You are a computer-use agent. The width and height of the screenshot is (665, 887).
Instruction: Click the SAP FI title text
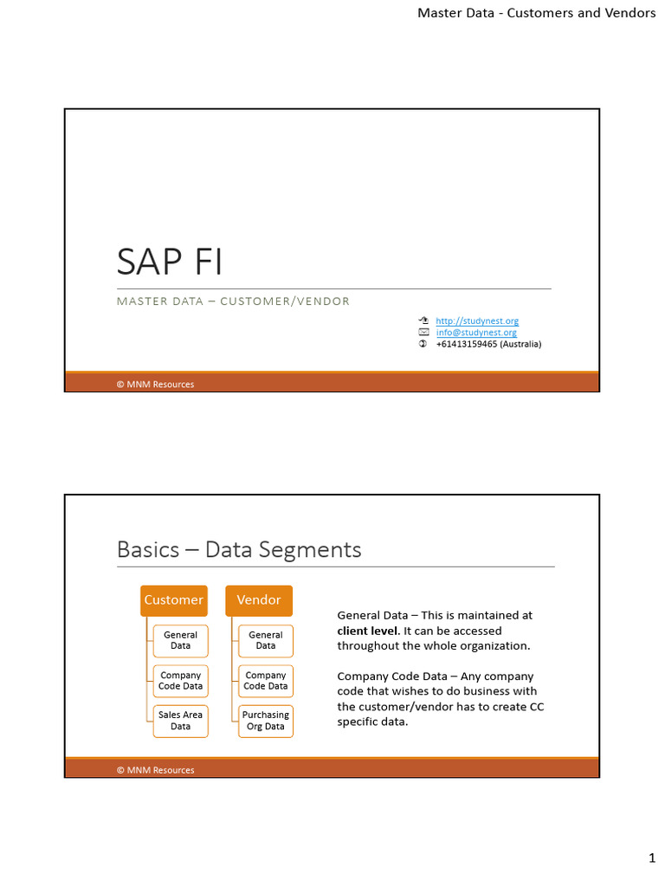[169, 262]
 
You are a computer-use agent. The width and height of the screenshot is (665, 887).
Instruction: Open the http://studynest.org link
[477, 320]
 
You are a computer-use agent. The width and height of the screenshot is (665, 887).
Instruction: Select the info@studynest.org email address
[476, 333]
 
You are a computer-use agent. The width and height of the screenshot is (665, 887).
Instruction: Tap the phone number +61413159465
[467, 344]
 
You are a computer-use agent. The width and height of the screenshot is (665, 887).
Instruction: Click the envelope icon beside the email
[423, 332]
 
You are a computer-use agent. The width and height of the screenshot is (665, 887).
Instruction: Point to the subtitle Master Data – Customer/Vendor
[233, 301]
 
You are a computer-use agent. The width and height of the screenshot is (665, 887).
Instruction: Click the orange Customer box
[173, 600]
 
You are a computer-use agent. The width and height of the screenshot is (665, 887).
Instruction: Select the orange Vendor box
[259, 600]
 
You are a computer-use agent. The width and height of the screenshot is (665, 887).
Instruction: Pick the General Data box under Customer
[180, 640]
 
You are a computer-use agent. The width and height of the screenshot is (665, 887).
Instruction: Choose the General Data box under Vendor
[266, 640]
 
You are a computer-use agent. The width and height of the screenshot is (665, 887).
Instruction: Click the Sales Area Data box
[180, 721]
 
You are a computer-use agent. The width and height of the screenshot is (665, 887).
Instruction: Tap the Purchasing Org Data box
[266, 721]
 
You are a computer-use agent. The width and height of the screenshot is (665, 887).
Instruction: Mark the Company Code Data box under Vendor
[266, 681]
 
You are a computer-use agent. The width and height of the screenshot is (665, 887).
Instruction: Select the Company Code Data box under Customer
[180, 681]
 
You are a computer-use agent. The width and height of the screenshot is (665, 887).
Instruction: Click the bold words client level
[368, 631]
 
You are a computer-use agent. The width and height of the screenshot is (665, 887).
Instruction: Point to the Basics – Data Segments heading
[239, 549]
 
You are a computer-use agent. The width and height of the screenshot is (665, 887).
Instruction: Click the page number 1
[652, 858]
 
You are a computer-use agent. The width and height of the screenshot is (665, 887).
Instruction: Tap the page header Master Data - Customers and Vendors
[537, 12]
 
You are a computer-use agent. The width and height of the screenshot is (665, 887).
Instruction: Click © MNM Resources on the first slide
[156, 384]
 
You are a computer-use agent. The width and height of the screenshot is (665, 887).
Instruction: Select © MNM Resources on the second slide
[156, 770]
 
